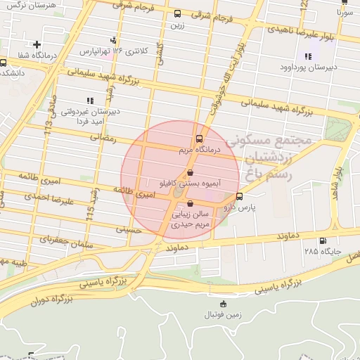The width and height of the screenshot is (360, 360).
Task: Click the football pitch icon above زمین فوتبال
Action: click(x=224, y=304)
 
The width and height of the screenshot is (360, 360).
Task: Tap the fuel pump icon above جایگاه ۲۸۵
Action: click(x=323, y=240)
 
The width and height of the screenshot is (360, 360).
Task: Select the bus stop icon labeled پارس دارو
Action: click(x=240, y=196)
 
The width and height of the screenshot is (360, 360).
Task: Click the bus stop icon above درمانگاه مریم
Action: click(x=200, y=139)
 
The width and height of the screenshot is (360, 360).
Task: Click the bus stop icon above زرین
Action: click(x=176, y=13)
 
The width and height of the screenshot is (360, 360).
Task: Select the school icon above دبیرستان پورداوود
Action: click(x=307, y=56)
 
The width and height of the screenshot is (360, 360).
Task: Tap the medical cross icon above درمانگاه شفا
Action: click(x=37, y=45)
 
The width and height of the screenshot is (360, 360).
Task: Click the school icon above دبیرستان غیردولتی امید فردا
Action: click(x=89, y=101)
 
